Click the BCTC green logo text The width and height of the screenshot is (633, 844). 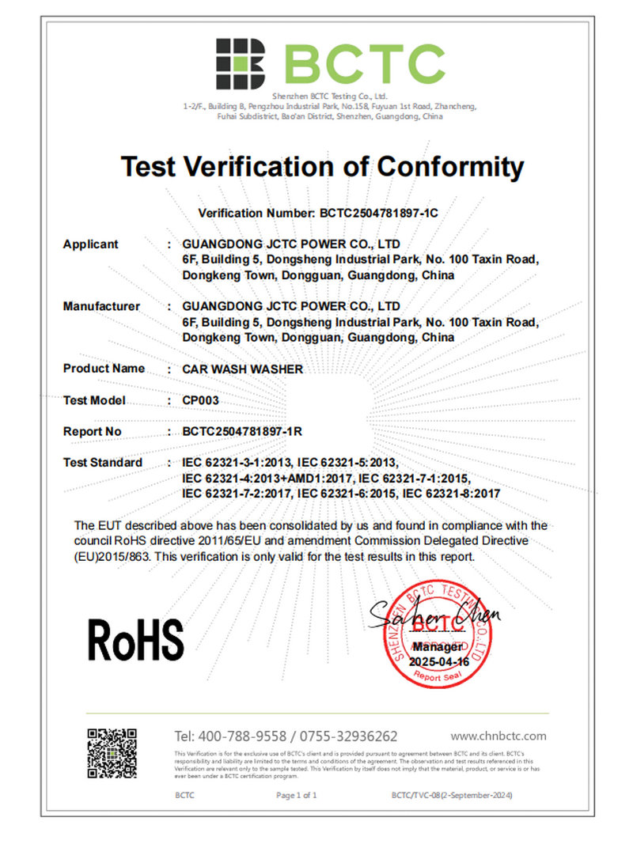click(364, 64)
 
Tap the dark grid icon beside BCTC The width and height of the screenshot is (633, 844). click(241, 63)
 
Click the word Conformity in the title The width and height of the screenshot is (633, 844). click(450, 167)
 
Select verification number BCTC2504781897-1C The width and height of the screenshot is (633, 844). click(378, 214)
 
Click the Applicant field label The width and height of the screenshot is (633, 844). click(90, 244)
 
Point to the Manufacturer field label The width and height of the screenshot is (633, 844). click(101, 306)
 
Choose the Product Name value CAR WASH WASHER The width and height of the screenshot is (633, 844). click(242, 369)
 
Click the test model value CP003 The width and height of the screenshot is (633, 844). click(200, 400)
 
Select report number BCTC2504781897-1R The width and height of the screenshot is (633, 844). click(243, 431)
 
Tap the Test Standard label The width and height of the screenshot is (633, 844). click(103, 463)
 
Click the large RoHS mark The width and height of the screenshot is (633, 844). click(135, 639)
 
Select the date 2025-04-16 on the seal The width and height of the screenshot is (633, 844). click(439, 661)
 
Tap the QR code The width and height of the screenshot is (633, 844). click(112, 753)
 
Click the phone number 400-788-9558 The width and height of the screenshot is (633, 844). click(245, 736)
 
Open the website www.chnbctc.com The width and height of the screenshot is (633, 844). click(498, 736)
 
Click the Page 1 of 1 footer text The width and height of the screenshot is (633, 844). click(296, 795)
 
